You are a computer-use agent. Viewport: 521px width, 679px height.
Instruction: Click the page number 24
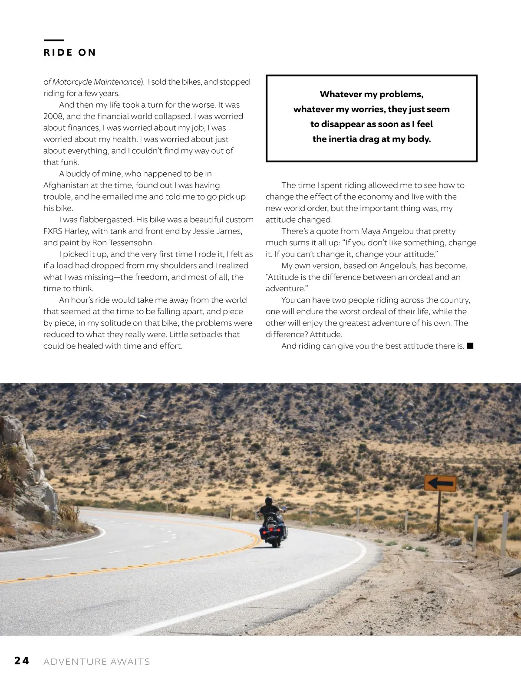pos(22,661)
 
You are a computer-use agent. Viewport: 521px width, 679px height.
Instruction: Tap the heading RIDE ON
pos(69,53)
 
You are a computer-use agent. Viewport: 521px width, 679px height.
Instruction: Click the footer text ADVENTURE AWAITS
pos(97,662)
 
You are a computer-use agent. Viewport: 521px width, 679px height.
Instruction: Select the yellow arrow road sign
pos(440,483)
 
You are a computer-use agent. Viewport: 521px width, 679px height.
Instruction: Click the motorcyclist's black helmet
pos(269,501)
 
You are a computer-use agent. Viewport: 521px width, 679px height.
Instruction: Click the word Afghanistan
pos(66,185)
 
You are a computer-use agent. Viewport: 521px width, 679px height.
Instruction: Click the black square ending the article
pos(470,346)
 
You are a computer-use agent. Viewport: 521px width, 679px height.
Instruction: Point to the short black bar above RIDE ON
pos(54,40)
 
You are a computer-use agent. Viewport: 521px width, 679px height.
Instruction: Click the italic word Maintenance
pos(117,82)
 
